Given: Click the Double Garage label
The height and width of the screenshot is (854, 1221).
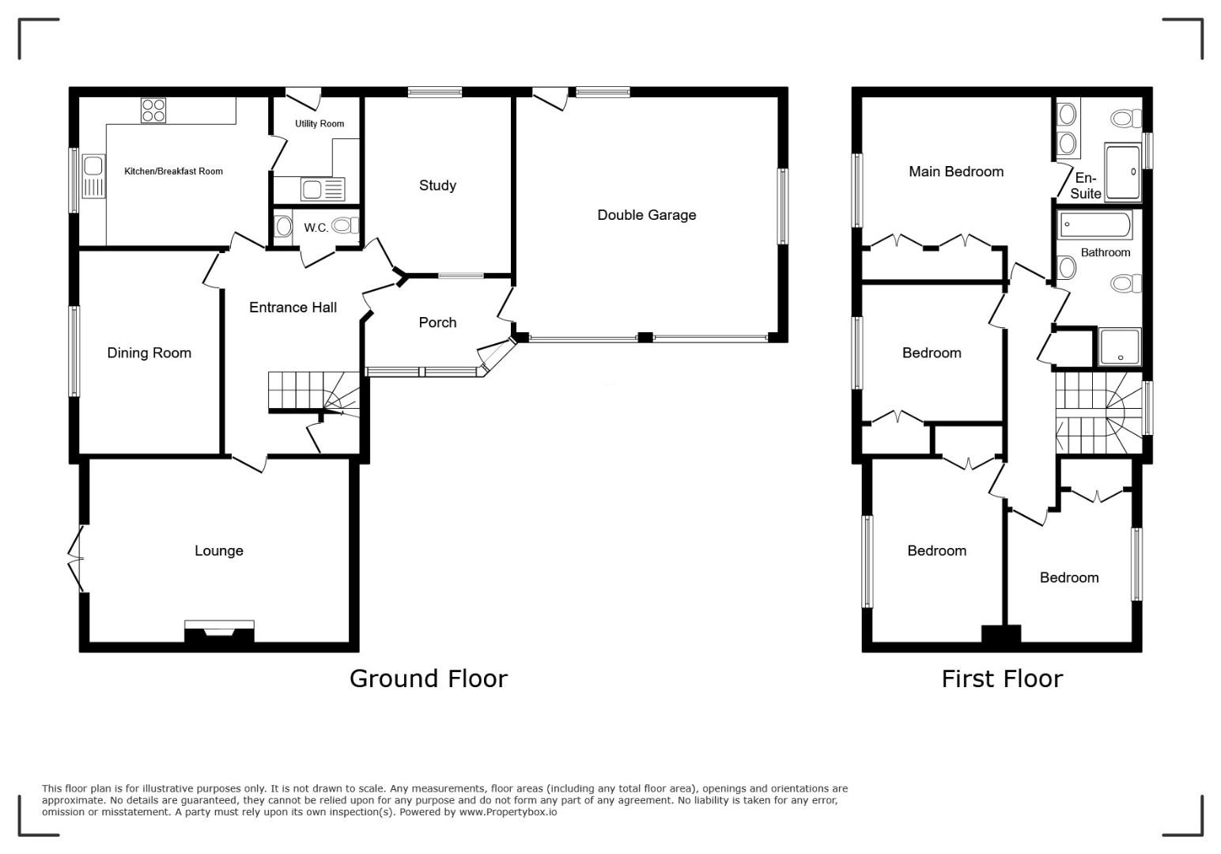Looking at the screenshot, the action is coord(646,215).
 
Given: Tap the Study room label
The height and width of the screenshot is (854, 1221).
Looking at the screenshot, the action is coord(437,185).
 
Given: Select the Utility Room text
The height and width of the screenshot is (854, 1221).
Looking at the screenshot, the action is coord(319,123).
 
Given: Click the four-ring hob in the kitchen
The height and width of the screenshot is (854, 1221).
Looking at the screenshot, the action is coord(153,111).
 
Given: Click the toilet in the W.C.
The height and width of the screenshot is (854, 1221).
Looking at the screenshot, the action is coord(345,225).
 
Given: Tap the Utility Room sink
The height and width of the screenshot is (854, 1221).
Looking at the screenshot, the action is coord(323,190).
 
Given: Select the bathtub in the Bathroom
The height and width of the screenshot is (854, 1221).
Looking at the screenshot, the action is coord(1095,225).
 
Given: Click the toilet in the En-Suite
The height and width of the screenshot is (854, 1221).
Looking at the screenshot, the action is coord(1126,118).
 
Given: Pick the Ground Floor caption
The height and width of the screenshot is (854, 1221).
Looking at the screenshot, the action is coord(429,679).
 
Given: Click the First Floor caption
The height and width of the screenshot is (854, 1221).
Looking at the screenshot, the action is coord(1002,679).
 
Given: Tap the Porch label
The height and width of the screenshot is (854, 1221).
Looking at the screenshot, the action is coord(437,323).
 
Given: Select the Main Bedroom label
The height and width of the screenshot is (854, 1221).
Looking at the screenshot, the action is coord(956,172).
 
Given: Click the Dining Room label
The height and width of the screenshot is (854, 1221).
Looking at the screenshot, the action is coord(149,353).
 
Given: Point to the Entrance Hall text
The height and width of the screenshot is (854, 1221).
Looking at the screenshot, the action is coord(293,308).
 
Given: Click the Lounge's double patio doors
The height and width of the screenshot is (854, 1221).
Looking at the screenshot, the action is coord(76,558).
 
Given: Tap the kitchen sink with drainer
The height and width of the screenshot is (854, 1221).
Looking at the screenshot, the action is coord(93,176).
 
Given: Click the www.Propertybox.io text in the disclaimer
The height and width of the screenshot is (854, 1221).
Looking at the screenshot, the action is coord(508,811).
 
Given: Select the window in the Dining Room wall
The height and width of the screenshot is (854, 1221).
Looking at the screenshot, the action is coord(74,351).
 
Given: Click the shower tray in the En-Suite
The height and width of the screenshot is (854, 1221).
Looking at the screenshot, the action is coord(1123,172).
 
